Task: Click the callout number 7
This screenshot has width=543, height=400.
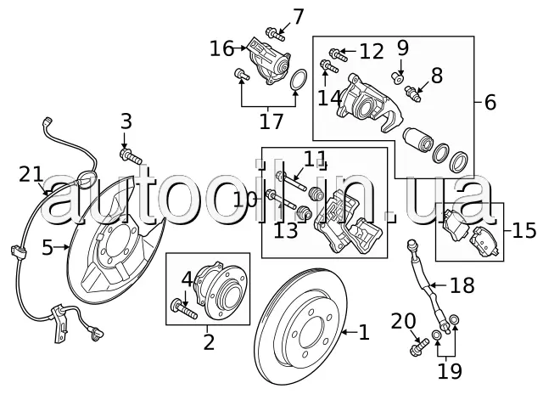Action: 298,17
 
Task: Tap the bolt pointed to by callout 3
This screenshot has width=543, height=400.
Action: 131,155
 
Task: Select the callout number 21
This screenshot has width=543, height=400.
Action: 31,174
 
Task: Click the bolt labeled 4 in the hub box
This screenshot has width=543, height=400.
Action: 184,308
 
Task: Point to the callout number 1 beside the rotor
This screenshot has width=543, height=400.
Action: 364,332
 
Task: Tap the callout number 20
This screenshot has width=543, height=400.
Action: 403,321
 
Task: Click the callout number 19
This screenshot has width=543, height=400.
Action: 450,371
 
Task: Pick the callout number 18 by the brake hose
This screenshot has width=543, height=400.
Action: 462,285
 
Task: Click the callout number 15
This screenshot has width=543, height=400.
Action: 524,230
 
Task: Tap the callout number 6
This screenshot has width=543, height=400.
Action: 490,103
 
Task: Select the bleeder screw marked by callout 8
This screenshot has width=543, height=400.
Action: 413,93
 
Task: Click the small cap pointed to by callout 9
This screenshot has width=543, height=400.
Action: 398,78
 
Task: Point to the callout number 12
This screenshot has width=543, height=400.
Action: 372,52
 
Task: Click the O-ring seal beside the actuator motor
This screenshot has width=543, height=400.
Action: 298,80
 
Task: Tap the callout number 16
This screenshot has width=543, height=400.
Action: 222,48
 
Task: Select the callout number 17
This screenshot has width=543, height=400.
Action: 271,121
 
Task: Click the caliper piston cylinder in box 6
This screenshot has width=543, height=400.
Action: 418,139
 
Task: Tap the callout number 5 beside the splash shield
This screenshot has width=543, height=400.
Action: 48,248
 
